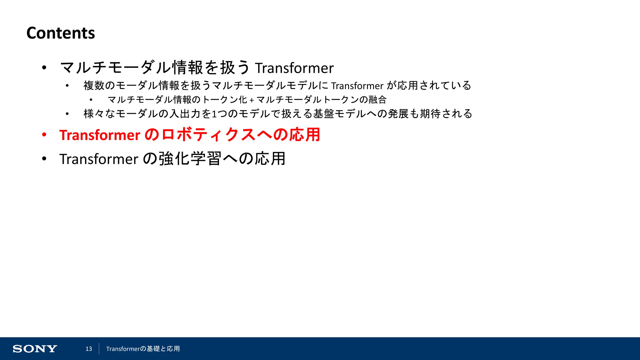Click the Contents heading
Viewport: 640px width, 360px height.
pos(61,33)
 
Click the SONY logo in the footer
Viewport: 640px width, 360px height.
pos(35,349)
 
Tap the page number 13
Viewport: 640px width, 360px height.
pos(89,349)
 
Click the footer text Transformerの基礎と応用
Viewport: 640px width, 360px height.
pos(143,349)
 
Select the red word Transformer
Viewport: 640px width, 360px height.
pos(100,135)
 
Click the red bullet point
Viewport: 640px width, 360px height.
pos(44,135)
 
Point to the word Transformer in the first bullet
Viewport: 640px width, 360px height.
pos(294,68)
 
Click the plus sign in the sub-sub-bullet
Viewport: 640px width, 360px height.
pos(251,100)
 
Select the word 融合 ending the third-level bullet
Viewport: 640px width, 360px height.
pos(377,100)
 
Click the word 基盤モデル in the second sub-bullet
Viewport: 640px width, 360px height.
pos(339,114)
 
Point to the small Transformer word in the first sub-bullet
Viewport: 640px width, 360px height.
pos(357,86)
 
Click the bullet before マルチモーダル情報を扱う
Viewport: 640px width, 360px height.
pos(44,68)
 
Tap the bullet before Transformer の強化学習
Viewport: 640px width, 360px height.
pos(44,159)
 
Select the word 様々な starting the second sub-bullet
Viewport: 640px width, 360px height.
pos(99,114)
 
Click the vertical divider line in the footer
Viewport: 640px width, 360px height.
pos(99,349)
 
